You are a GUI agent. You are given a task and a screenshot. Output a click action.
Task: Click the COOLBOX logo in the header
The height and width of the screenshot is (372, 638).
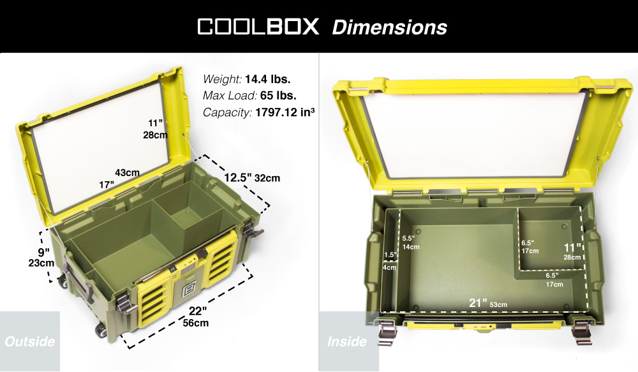coord(258,26)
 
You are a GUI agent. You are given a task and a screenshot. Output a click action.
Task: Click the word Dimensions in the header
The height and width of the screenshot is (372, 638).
coord(389,27)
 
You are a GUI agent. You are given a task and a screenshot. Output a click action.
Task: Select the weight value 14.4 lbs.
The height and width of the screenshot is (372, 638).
coord(268,78)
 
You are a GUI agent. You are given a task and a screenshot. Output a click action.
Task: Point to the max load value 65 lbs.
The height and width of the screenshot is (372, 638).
coord(278,95)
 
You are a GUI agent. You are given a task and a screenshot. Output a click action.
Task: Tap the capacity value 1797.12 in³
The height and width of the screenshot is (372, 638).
coord(285,112)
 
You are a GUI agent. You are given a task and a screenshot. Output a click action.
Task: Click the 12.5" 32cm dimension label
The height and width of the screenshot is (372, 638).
coord(252,177)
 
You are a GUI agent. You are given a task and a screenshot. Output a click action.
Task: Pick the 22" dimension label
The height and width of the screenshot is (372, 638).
coord(198,311)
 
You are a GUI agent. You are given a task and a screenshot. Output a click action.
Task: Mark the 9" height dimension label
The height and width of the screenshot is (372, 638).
coord(43,252)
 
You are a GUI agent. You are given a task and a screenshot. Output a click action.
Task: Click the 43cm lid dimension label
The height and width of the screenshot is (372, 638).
coord(127,172)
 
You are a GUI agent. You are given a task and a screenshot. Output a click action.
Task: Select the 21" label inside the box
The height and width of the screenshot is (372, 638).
coord(478,303)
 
